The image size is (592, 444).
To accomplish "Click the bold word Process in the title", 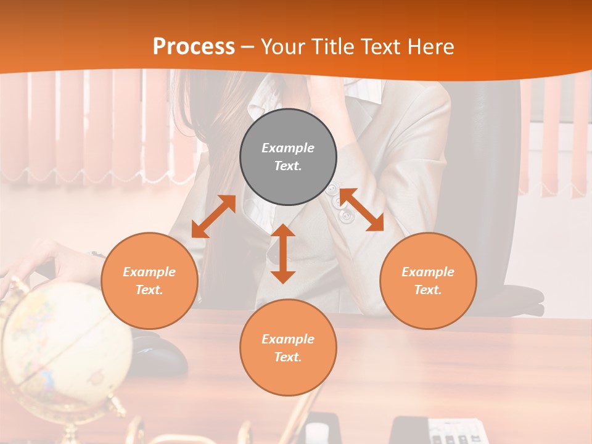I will coord(194,46).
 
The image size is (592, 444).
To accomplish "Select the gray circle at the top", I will coord(288,157).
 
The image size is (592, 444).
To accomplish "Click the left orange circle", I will coord(149,281).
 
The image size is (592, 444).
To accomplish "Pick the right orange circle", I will coord(428,281).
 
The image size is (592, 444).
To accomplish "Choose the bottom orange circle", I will coord(288,348).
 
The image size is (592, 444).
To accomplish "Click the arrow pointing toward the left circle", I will coord(213,216).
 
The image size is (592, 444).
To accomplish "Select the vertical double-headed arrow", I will coord(283,253).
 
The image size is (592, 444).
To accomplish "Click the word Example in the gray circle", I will coord(288,148).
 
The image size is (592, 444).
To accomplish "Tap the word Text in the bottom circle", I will coord(288,357).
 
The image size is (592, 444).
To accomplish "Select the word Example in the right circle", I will coord(428,272).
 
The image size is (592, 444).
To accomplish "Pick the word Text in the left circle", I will coord(149,290).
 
